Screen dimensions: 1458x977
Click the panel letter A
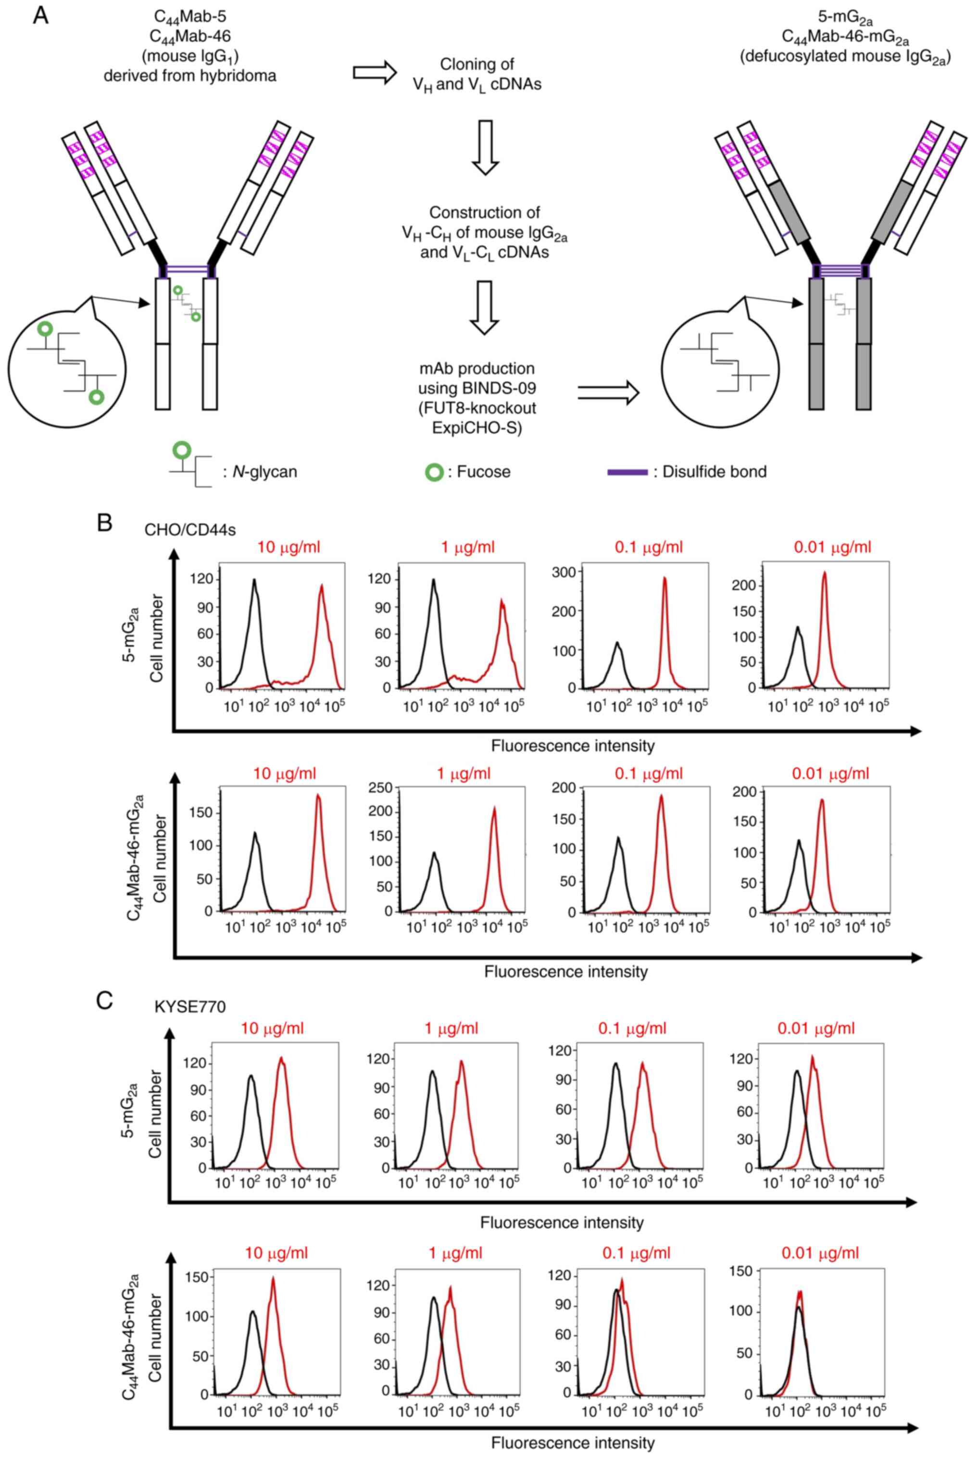[x=40, y=15]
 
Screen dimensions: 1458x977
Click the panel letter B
[x=104, y=522]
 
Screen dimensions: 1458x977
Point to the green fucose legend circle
[x=434, y=472]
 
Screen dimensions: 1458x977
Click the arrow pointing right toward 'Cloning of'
[x=375, y=73]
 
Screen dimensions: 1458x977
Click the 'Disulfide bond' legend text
[x=714, y=472]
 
